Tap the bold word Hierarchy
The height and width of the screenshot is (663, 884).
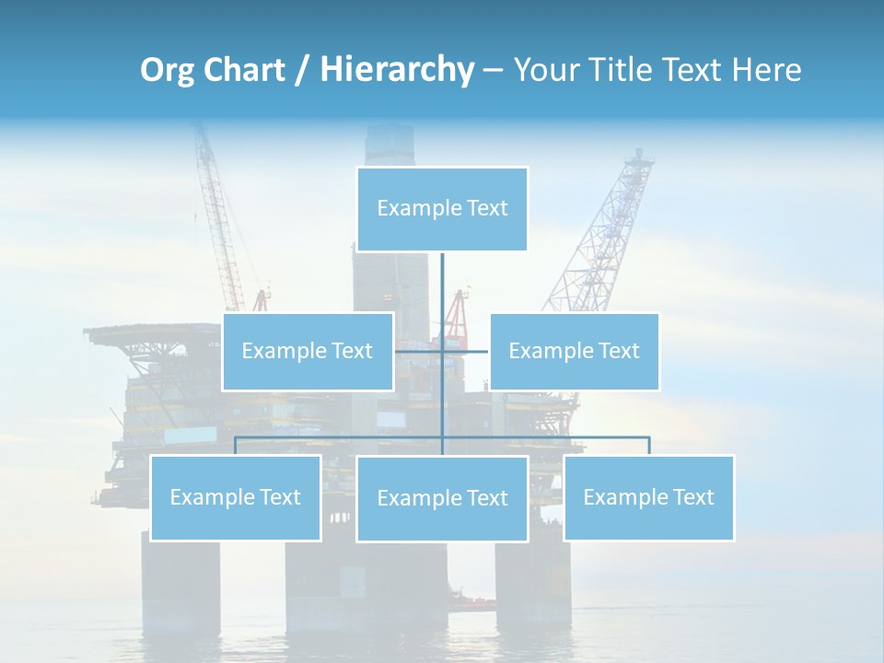[x=396, y=70]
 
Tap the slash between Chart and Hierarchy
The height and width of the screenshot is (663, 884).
[x=302, y=71]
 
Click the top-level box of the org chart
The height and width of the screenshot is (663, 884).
[x=442, y=209]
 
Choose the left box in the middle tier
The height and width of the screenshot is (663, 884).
[x=308, y=351]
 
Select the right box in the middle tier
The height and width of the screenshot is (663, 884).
[x=574, y=351]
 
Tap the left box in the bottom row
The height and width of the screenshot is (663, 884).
[x=235, y=497]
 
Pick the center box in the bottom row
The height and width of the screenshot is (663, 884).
[x=442, y=498]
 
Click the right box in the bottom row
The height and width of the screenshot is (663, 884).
[x=648, y=497]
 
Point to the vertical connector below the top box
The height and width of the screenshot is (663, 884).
[x=442, y=285]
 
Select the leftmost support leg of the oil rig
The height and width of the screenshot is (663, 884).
[x=180, y=580]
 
